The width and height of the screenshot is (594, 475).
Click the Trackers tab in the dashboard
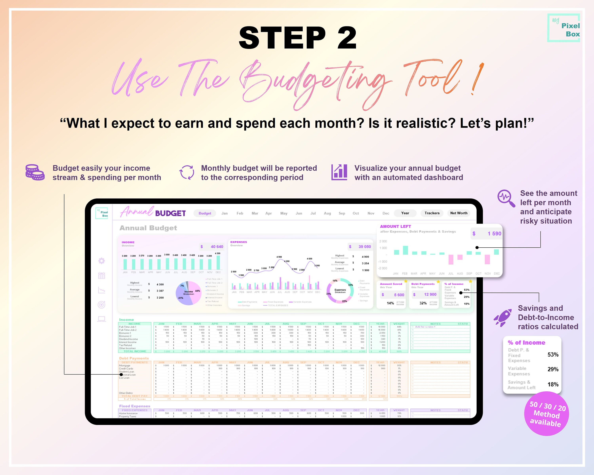[432, 213]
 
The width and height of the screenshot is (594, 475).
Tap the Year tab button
[405, 213]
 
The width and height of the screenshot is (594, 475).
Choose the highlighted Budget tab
[205, 213]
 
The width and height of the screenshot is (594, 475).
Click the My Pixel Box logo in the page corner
[564, 28]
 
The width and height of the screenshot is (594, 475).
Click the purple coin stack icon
[35, 173]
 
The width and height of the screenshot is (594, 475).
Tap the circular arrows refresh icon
[187, 173]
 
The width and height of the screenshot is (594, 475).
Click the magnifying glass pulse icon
[506, 198]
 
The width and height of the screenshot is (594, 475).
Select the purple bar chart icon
[339, 172]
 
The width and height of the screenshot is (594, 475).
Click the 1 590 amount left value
[494, 234]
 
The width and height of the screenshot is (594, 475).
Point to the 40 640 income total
[217, 247]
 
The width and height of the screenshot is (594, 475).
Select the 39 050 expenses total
[364, 247]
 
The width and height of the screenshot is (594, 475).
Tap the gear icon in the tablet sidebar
[101, 261]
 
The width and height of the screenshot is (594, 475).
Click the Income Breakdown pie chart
[188, 293]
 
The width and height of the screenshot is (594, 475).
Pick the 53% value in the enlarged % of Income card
[553, 355]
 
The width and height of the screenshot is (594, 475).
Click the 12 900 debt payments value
[430, 295]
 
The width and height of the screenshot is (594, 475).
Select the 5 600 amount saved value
[399, 295]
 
